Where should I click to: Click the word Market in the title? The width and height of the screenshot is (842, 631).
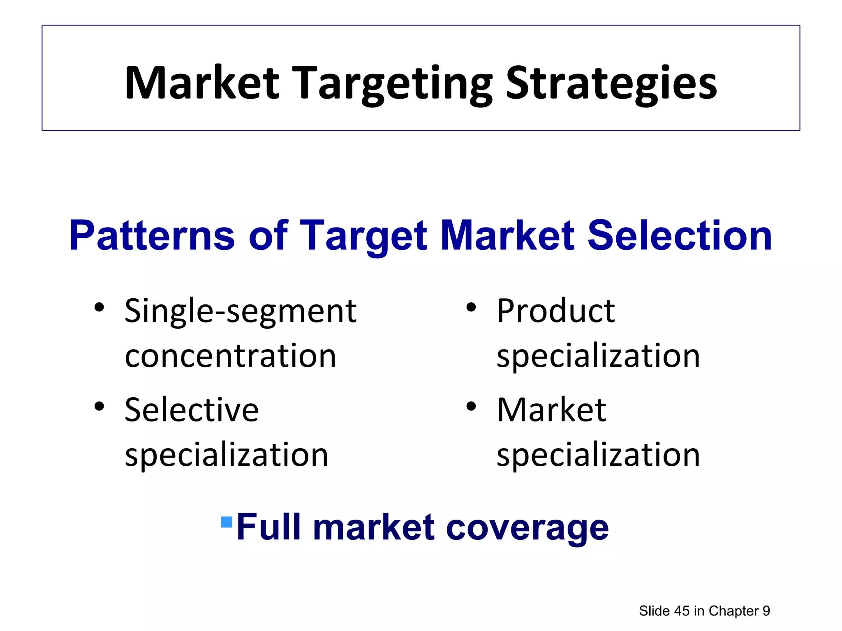[x=202, y=83]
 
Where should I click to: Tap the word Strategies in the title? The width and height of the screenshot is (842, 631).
[x=611, y=84]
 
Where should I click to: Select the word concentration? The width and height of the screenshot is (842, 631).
[x=230, y=356]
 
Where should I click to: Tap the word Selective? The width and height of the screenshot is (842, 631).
[x=192, y=410]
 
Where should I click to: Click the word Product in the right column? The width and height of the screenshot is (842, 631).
[x=555, y=311]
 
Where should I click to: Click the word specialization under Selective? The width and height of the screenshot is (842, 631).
[x=227, y=455]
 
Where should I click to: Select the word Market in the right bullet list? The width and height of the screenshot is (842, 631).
[x=551, y=410]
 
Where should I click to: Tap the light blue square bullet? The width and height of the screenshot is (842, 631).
[x=227, y=522]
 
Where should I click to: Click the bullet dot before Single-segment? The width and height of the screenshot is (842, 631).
[x=99, y=307]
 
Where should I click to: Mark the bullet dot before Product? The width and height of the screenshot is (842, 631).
[x=471, y=307]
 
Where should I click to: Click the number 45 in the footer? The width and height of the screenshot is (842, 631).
[x=682, y=611]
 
